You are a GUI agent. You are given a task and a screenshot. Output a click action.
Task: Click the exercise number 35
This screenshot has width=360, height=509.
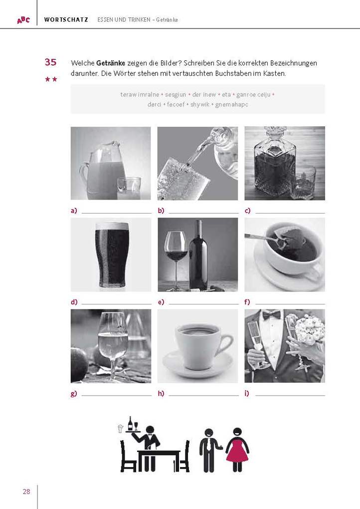click(50, 62)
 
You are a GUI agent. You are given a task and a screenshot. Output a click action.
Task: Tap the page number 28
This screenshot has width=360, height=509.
click(26, 492)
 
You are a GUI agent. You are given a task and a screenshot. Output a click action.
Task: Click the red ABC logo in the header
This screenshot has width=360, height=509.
click(23, 20)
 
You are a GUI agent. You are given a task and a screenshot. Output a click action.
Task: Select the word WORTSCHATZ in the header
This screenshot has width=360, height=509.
click(66, 20)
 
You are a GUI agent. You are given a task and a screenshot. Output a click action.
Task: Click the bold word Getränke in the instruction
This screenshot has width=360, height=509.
click(111, 63)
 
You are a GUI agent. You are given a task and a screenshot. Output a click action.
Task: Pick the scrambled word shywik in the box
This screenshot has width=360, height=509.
click(200, 104)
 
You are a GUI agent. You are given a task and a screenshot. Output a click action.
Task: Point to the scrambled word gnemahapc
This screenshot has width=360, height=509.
click(231, 104)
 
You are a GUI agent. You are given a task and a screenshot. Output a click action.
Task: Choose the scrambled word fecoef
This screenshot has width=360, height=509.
click(176, 104)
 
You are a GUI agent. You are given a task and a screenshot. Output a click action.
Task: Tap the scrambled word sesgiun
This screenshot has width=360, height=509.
click(176, 95)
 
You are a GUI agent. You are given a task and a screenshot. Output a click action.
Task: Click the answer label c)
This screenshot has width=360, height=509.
click(247, 211)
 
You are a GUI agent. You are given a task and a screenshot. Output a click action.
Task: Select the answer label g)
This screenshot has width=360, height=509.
click(74, 394)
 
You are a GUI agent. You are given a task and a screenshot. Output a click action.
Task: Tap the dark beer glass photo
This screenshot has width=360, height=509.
click(111, 254)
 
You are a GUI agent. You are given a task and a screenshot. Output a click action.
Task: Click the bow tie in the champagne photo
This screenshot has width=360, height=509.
click(272, 314)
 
